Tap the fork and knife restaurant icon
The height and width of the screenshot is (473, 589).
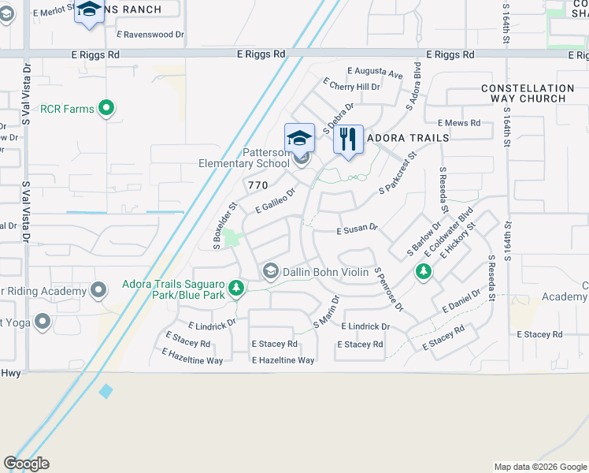[348, 140]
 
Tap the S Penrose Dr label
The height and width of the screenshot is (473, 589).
[389, 289]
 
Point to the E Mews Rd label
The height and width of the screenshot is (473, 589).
[459, 123]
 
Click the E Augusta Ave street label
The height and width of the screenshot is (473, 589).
[374, 74]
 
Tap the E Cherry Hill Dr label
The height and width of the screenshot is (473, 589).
[351, 86]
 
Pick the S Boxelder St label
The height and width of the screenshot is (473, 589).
[224, 227]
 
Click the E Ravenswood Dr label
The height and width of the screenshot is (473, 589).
[150, 35]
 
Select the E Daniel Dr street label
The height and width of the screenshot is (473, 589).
[461, 300]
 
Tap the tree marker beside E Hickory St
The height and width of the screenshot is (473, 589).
[424, 272]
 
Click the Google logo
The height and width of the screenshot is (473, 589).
[27, 464]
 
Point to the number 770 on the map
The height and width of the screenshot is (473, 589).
[258, 185]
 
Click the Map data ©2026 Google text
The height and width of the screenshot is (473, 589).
[539, 467]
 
